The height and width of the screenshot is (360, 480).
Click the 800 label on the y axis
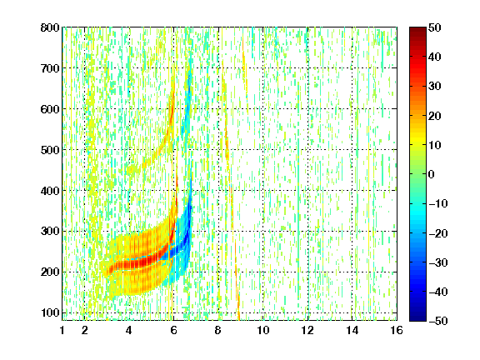click(50, 27)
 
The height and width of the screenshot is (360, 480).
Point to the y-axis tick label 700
click(50, 68)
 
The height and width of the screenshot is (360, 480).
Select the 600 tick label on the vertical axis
click(50, 109)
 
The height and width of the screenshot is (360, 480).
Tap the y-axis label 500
click(50, 150)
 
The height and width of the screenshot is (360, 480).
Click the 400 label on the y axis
click(50, 191)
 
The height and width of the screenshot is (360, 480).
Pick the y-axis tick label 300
click(50, 231)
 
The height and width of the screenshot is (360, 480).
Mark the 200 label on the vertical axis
click(50, 272)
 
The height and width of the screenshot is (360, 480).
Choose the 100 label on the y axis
click(50, 312)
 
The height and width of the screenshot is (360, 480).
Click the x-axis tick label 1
click(62, 330)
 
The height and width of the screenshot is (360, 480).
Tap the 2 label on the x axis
click(85, 330)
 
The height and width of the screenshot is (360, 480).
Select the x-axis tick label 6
click(174, 330)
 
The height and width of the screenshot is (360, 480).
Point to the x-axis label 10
click(263, 330)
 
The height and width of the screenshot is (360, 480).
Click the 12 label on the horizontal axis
click(307, 330)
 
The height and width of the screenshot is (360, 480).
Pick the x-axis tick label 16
click(397, 330)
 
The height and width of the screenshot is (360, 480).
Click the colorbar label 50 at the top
click(434, 27)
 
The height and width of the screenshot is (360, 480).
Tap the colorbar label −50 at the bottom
click(438, 321)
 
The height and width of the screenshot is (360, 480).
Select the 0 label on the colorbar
click(432, 174)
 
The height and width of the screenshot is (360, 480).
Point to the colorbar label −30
click(438, 262)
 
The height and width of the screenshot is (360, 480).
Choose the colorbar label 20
click(434, 116)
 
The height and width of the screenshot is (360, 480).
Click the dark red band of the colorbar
click(417, 33)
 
